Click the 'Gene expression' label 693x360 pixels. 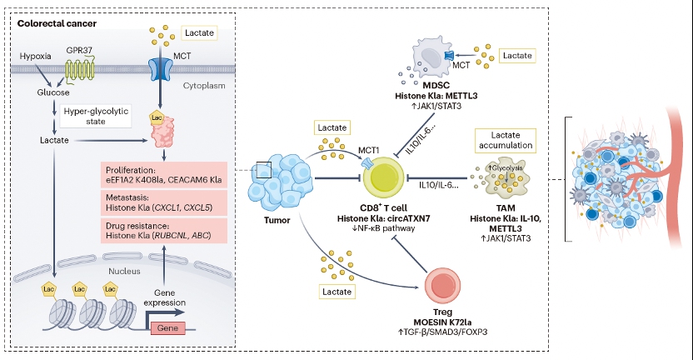[x=192, y=298]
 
